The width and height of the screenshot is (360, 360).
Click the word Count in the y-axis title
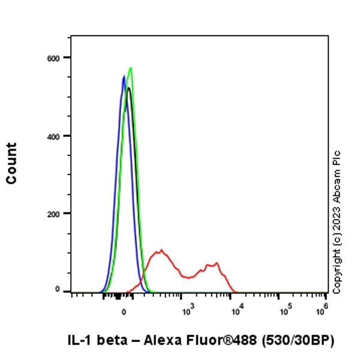[x=11, y=163]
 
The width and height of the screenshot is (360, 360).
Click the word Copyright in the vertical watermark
[x=337, y=270]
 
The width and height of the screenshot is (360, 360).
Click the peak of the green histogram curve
[x=130, y=68]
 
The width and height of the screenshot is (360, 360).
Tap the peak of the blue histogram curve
[x=124, y=76]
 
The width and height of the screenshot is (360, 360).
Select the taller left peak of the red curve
[x=160, y=250]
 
